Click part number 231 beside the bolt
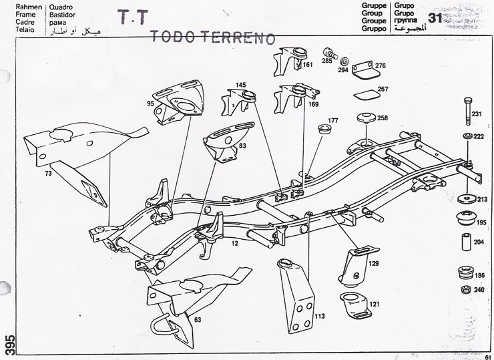[476, 114]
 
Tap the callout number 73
[47, 174]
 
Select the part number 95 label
[150, 104]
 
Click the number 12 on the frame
[234, 245]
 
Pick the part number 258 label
[382, 118]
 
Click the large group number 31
[435, 18]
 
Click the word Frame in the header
[15, 13]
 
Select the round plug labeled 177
[328, 130]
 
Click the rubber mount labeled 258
[366, 119]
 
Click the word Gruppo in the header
[405, 30]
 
